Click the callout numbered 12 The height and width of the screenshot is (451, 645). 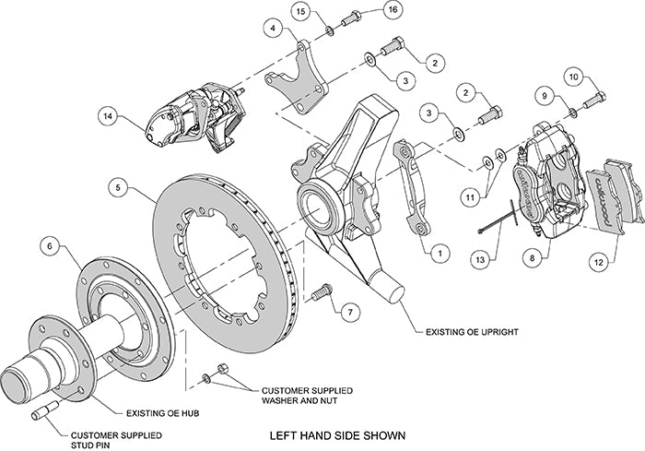(x=599, y=262)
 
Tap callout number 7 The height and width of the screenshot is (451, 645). (x=347, y=313)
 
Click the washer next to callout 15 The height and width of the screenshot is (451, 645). (x=328, y=32)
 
